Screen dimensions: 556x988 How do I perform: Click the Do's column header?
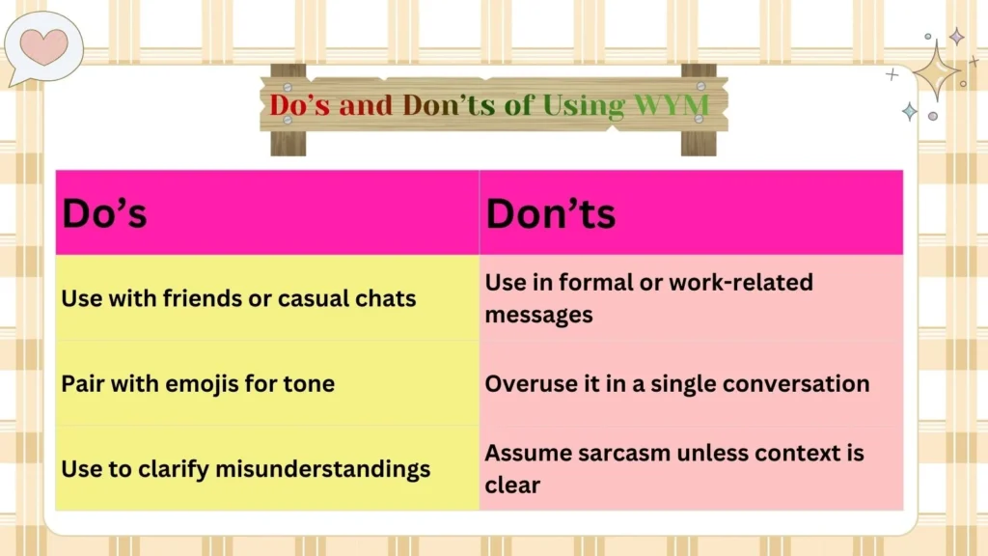104,213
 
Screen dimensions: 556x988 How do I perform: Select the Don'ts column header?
550,213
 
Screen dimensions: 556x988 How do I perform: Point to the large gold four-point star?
933,70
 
